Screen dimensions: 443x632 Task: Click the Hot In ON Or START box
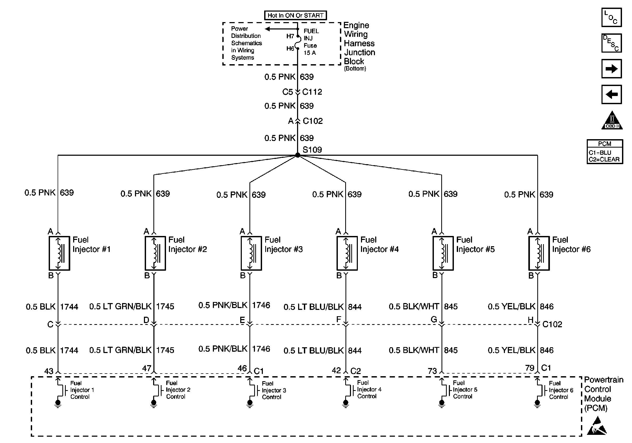coord(295,16)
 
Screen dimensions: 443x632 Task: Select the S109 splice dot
coord(298,155)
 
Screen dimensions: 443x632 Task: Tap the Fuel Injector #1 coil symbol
coord(59,253)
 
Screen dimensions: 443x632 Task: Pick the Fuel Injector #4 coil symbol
coord(347,253)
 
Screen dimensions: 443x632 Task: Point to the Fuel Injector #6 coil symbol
coord(539,253)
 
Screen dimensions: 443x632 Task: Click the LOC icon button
coord(611,18)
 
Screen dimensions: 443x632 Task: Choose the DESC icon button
coord(611,43)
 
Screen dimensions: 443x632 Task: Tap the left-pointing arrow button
coord(611,94)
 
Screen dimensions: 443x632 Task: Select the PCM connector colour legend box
coord(605,152)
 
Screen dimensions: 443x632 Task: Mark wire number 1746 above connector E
coord(261,305)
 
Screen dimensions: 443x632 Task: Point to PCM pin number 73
coord(432,371)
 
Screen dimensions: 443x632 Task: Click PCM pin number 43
coord(49,371)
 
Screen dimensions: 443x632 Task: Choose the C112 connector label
coord(312,92)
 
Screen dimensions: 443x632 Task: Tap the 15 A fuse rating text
coord(310,53)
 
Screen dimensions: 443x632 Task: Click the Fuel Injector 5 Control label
coord(465,390)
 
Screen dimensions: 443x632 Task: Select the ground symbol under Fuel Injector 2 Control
coord(154,403)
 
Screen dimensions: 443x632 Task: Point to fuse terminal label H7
coord(290,36)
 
